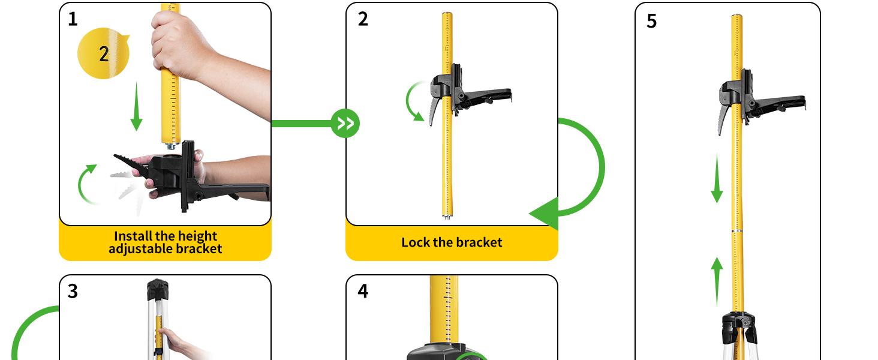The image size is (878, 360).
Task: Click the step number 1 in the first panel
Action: coord(73,19)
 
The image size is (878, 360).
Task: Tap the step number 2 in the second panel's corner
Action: coord(363,19)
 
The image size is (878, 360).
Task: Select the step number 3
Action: coord(73,291)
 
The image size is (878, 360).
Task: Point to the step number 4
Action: coord(363,291)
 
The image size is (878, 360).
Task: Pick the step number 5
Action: coord(651,21)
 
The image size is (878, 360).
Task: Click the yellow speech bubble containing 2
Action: coord(103,53)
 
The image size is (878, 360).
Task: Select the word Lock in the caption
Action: coord(414,242)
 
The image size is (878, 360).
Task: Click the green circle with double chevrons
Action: coord(345,124)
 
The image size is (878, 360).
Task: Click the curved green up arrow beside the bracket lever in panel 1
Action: coord(86,183)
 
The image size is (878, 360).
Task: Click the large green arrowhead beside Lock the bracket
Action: coord(546,214)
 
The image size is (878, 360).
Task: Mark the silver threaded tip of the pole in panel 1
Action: coord(172,146)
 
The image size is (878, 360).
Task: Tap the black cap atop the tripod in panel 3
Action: coord(158,289)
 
